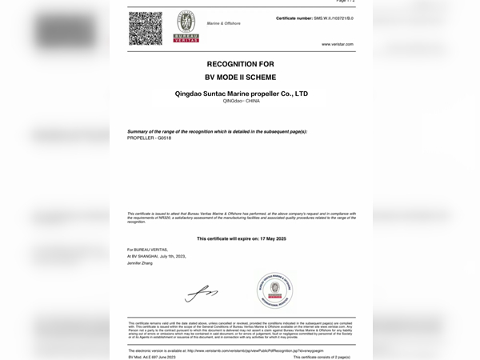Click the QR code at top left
[145, 28]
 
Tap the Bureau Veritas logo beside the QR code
[186, 26]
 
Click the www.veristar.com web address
[337, 44]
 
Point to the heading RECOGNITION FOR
[241, 63]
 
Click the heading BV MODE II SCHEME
[241, 77]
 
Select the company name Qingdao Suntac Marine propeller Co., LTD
[241, 94]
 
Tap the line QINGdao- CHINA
[241, 102]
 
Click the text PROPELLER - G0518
[150, 138]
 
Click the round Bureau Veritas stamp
[274, 290]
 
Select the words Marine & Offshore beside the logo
[223, 23]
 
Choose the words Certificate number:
[293, 18]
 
